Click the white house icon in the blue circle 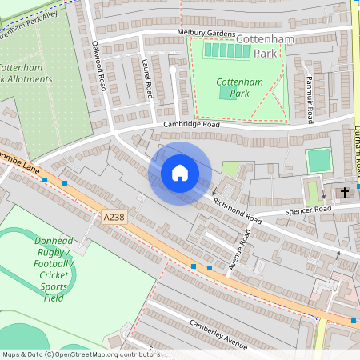(x=180, y=173)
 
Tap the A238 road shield (x=114, y=216)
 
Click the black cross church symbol (x=346, y=193)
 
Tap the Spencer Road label (x=308, y=210)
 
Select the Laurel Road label (x=146, y=79)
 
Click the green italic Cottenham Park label (x=234, y=88)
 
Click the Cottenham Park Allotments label (x=26, y=74)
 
